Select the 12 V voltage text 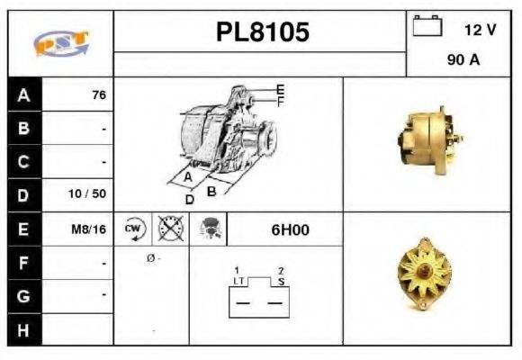click(480, 30)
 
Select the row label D click(24, 194)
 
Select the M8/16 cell click(89, 229)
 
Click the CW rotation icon click(134, 229)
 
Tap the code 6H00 click(290, 229)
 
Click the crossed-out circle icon click(169, 229)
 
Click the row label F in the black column click(24, 262)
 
